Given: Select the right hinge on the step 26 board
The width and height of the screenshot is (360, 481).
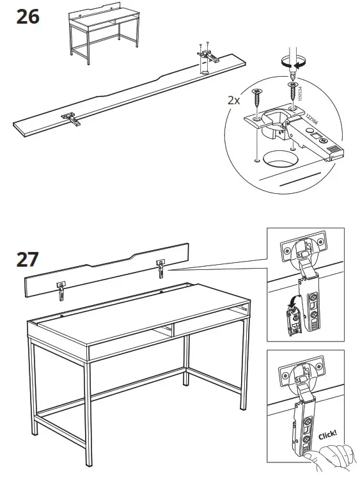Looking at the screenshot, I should coord(208,56).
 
